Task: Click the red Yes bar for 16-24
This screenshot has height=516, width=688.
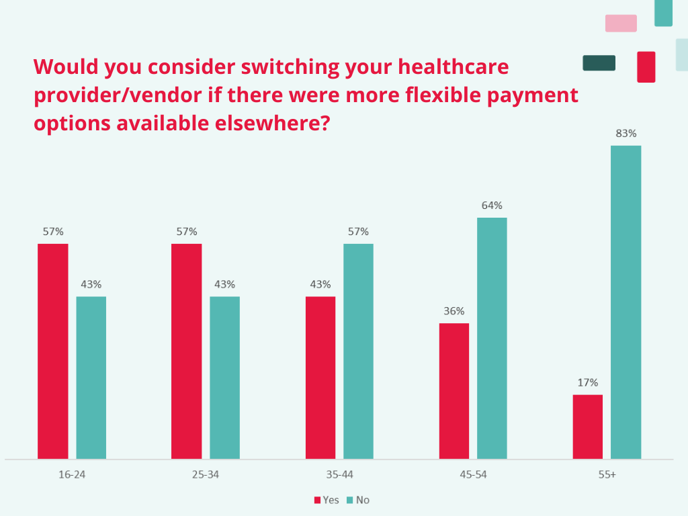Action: pyautogui.click(x=52, y=351)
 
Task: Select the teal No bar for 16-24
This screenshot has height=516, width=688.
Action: pyautogui.click(x=91, y=378)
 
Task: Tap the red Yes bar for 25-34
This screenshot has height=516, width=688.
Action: pyautogui.click(x=186, y=351)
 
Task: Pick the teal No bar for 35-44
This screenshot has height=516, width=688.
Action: pyautogui.click(x=358, y=351)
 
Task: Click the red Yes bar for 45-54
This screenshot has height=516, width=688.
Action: pyautogui.click(x=454, y=391)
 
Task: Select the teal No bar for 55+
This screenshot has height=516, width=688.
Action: pyautogui.click(x=626, y=302)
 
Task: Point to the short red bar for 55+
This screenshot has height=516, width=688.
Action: pyautogui.click(x=588, y=427)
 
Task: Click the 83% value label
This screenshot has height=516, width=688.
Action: pyautogui.click(x=626, y=134)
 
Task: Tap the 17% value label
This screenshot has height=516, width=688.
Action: pyautogui.click(x=588, y=382)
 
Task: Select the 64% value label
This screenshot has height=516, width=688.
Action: pyautogui.click(x=492, y=206)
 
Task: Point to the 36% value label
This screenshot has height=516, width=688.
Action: pyautogui.click(x=454, y=311)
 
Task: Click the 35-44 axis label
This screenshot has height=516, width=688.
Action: pyautogui.click(x=339, y=475)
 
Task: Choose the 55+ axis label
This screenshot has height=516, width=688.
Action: pyautogui.click(x=607, y=475)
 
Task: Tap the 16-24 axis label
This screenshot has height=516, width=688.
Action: pyautogui.click(x=72, y=475)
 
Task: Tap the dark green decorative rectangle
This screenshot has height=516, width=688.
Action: pyautogui.click(x=599, y=63)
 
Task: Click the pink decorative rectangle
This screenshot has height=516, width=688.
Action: pyautogui.click(x=621, y=24)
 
